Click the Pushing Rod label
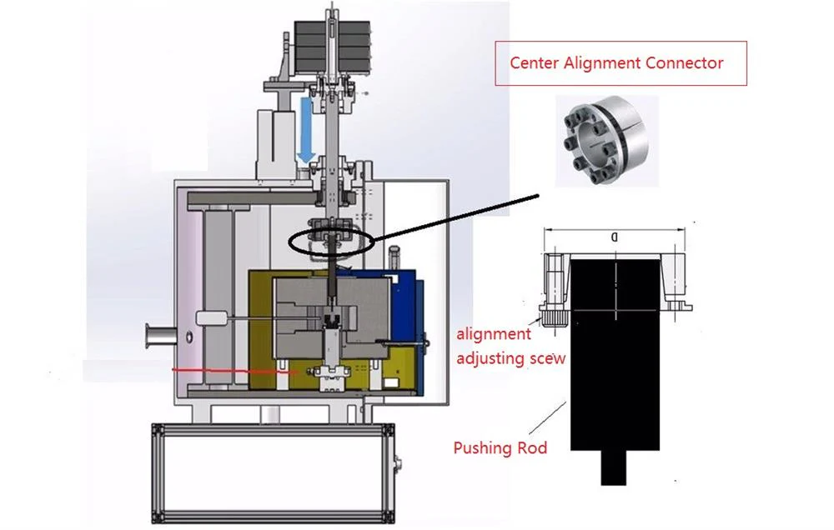click(500, 448)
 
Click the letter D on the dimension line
click(615, 237)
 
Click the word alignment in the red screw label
click(493, 334)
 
